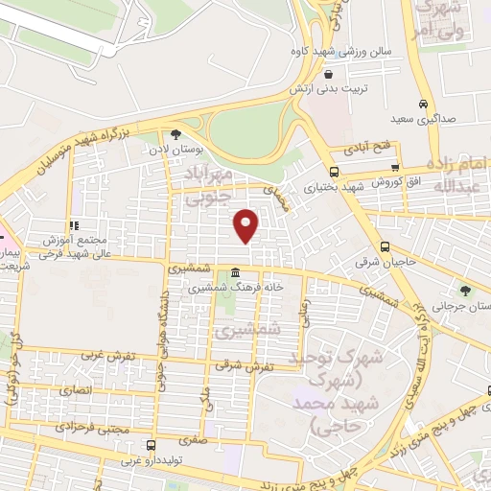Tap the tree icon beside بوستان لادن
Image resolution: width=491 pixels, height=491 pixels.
point(175,134)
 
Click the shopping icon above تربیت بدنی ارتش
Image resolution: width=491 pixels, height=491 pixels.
point(329,74)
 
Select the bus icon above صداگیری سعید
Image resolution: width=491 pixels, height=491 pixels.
point(423,105)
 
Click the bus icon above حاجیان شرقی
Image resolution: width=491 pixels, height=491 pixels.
point(385,245)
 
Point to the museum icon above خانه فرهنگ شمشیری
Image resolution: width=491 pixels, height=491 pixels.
point(235,275)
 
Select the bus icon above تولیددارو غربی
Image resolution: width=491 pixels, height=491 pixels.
point(150,446)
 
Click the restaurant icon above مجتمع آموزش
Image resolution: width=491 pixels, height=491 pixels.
point(74,224)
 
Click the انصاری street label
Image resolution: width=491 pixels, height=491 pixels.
point(77,391)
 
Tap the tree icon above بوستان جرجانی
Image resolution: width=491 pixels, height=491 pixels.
point(466,290)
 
